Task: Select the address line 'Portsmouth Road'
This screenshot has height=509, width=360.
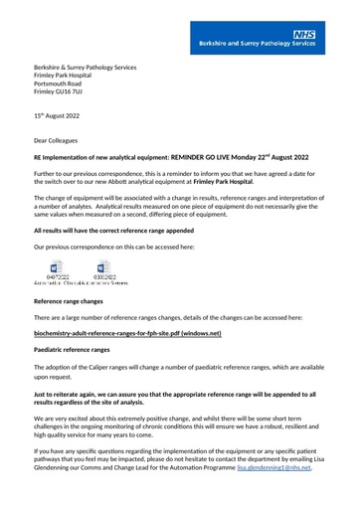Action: point(62,85)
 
